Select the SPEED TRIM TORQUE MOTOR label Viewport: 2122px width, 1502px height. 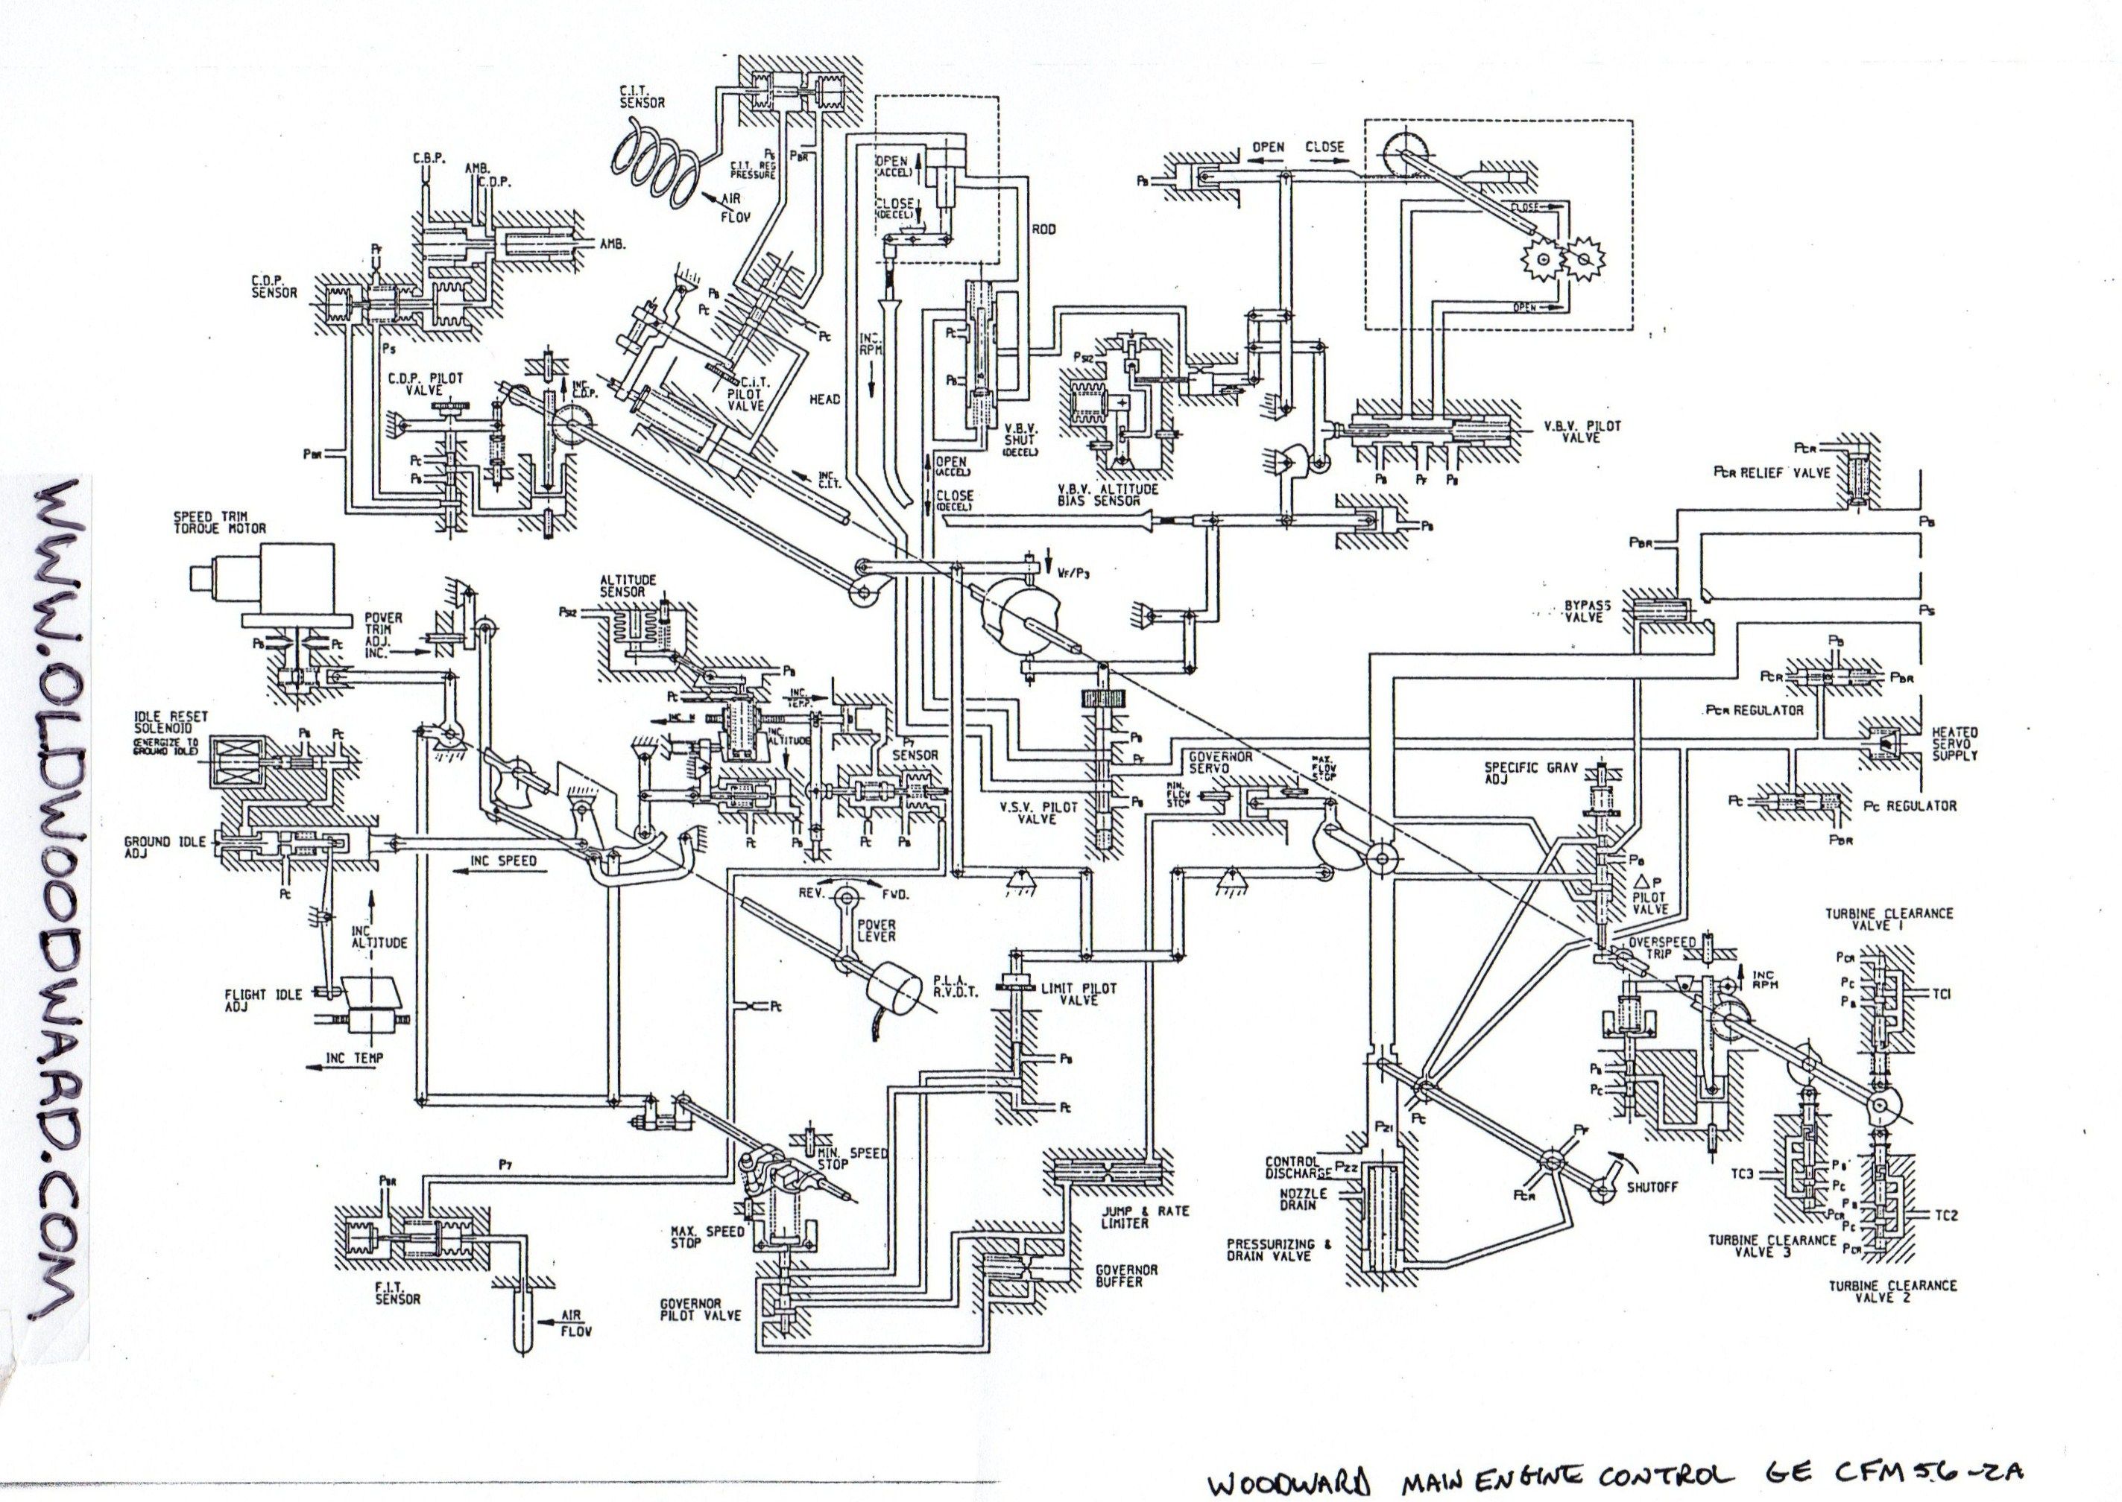click(219, 522)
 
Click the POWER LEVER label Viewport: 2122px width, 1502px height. click(876, 931)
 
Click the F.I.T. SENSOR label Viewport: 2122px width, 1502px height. click(398, 1292)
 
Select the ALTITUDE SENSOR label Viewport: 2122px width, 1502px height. click(628, 586)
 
